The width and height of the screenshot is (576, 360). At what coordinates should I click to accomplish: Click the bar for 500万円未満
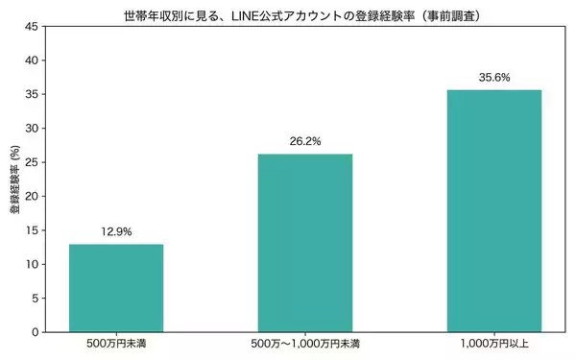coord(115,288)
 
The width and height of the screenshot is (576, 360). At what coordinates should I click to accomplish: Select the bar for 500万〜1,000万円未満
coord(304,243)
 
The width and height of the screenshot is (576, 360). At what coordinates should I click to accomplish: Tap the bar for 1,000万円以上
coord(493,211)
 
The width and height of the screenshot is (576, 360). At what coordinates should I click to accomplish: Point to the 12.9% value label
coord(115,231)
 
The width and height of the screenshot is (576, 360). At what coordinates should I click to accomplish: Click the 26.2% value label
coord(304,141)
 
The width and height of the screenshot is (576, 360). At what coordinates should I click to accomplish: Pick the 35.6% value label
coord(493,77)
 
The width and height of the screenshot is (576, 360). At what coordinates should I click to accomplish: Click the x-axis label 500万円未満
coord(115,344)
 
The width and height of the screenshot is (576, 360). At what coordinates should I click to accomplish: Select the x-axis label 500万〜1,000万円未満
coord(304,344)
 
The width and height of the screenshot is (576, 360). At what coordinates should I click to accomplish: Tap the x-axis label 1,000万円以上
coord(493,344)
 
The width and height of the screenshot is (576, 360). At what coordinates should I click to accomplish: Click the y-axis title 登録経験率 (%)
coord(14,180)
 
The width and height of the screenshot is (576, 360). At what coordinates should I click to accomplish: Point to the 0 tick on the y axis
coord(36,332)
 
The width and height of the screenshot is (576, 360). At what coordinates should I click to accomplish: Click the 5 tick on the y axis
coord(36,299)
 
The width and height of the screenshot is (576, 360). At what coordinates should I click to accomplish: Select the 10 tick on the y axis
coord(34,264)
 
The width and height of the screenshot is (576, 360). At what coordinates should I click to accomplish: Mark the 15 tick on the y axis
coord(34,230)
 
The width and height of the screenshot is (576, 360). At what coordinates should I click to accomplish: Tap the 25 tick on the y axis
coord(34,162)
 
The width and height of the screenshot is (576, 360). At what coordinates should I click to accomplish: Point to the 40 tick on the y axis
coord(34,60)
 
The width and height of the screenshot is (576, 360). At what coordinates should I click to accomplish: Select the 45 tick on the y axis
coord(34,27)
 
